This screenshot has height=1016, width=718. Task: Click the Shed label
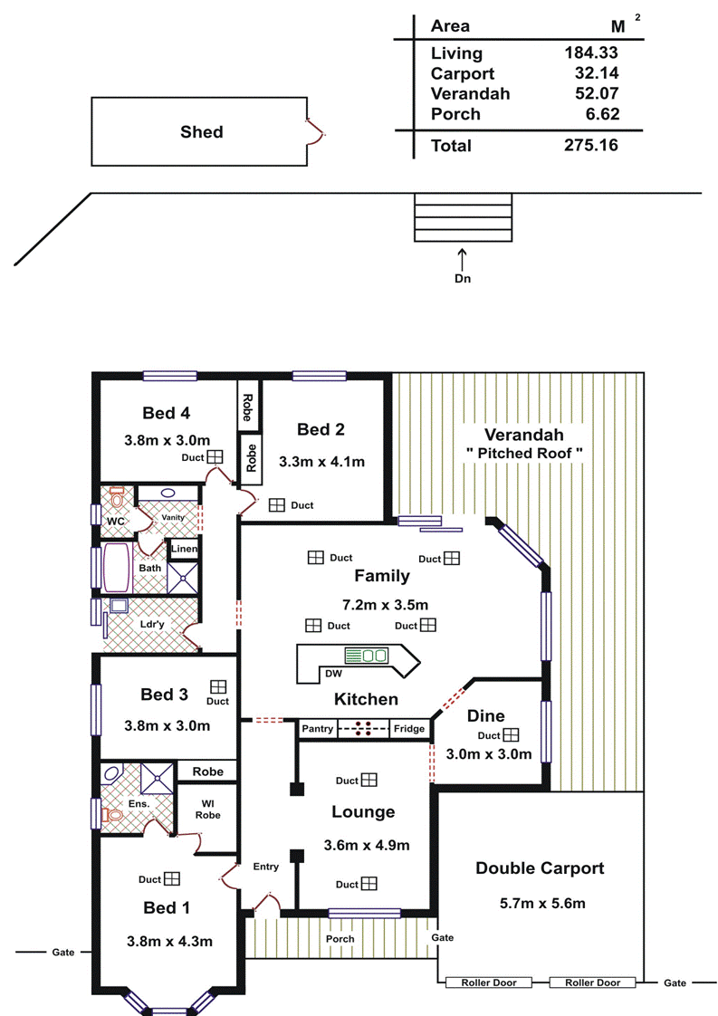pyautogui.click(x=202, y=132)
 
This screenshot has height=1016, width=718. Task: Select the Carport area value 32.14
pyautogui.click(x=596, y=73)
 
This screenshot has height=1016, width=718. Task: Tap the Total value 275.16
pyautogui.click(x=591, y=145)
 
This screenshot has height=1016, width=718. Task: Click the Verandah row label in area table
pyautogui.click(x=471, y=94)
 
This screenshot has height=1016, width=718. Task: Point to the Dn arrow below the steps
pyautogui.click(x=462, y=259)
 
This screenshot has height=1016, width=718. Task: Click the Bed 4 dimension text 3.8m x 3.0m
pyautogui.click(x=168, y=441)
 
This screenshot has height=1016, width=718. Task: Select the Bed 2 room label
pyautogui.click(x=321, y=429)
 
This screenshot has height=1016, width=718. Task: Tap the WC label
pyautogui.click(x=115, y=522)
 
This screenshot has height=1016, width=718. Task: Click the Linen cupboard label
pyautogui.click(x=184, y=549)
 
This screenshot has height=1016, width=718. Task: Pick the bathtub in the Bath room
pyautogui.click(x=117, y=568)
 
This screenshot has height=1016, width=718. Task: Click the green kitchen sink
pyautogui.click(x=366, y=655)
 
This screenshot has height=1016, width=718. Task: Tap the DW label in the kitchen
pyautogui.click(x=334, y=674)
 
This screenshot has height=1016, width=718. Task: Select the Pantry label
pyautogui.click(x=318, y=729)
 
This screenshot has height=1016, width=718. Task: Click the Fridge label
pyautogui.click(x=409, y=729)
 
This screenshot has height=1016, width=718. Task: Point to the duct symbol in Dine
pyautogui.click(x=512, y=734)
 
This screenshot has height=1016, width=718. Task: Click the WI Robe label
pyautogui.click(x=208, y=810)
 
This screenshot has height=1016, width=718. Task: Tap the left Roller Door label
pyautogui.click(x=489, y=983)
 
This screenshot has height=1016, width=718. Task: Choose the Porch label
pyautogui.click(x=340, y=939)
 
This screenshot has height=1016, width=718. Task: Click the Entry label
pyautogui.click(x=265, y=867)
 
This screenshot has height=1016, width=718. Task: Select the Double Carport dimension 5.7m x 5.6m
pyautogui.click(x=542, y=903)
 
